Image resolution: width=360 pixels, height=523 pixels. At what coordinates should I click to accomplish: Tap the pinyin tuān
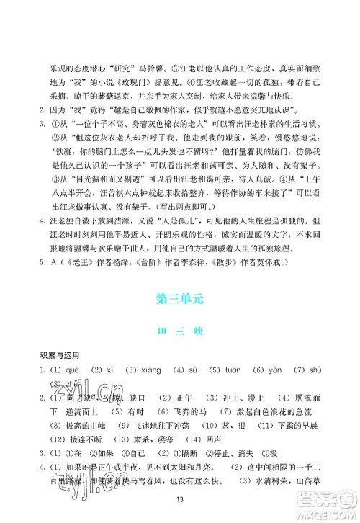coord(233,369)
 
